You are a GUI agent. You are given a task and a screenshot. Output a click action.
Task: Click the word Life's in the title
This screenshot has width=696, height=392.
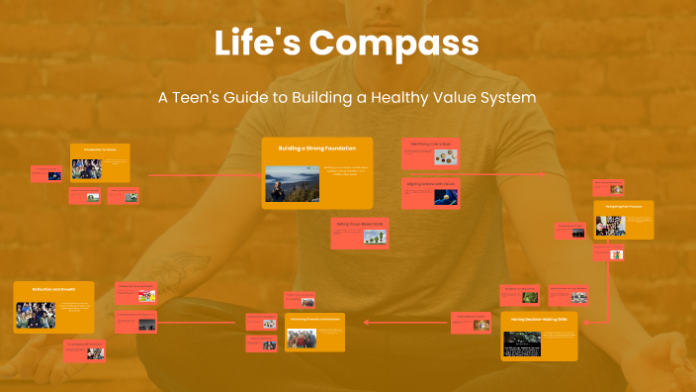point(257,44)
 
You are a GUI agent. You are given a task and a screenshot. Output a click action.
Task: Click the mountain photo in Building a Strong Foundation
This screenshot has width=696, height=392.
point(292,182)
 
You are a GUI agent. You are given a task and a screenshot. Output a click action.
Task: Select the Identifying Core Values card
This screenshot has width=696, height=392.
point(430,152)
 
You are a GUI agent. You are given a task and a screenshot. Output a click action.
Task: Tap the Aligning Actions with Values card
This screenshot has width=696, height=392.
point(430,193)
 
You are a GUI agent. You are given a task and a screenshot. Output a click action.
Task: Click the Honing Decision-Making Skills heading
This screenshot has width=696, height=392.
point(539,321)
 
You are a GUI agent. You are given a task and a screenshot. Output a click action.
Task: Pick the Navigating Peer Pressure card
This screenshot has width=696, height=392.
point(623,219)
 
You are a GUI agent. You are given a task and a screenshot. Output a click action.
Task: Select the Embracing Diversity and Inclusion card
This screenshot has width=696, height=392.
point(315,333)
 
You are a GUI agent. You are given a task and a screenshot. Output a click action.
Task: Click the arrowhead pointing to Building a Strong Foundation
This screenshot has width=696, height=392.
point(259,174)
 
